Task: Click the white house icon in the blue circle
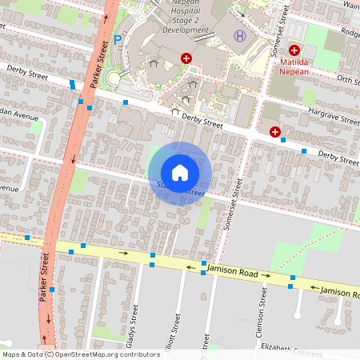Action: click(x=180, y=173)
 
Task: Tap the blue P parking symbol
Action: click(x=118, y=38)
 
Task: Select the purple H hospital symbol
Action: click(x=239, y=36)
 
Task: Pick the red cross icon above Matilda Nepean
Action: click(x=294, y=50)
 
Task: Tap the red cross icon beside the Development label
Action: click(x=186, y=58)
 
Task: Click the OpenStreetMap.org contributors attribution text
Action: click(x=109, y=354)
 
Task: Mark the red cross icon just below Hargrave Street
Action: click(x=275, y=131)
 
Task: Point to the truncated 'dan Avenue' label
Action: click(x=19, y=115)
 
